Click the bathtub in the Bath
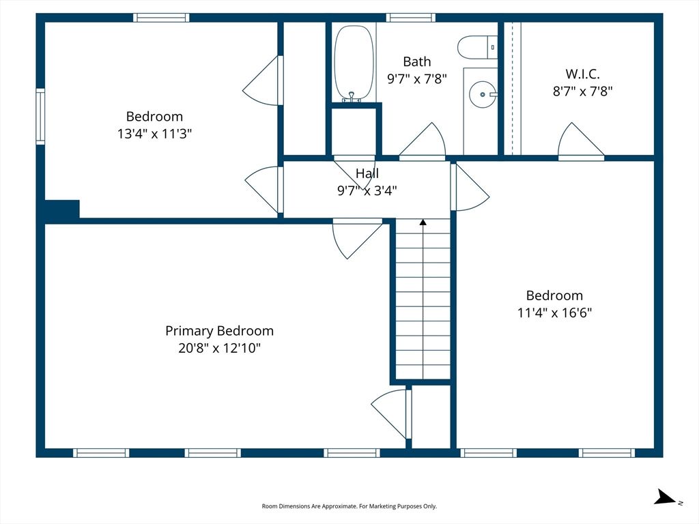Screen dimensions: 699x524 pos(354,63)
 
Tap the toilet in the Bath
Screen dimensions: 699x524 pos(477,47)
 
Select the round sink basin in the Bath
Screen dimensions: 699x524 pos(483,94)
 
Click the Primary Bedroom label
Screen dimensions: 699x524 pos(219,331)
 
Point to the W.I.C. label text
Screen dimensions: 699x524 pos(582,74)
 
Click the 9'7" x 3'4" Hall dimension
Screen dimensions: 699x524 pos(367,191)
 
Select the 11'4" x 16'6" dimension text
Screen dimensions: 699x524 pos(554,312)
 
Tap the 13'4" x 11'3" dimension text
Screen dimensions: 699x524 pos(154,133)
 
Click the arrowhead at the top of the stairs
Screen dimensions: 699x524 pos(423,222)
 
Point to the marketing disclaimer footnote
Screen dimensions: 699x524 pos(349,506)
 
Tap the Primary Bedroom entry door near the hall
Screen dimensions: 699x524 pos(357,238)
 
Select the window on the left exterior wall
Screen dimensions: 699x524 pos(40,116)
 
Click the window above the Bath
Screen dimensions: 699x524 pos(410,18)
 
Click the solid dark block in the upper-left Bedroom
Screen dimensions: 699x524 pos(62,209)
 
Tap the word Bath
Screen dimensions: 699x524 pos(417,61)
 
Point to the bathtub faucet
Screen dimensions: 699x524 pos(352,97)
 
